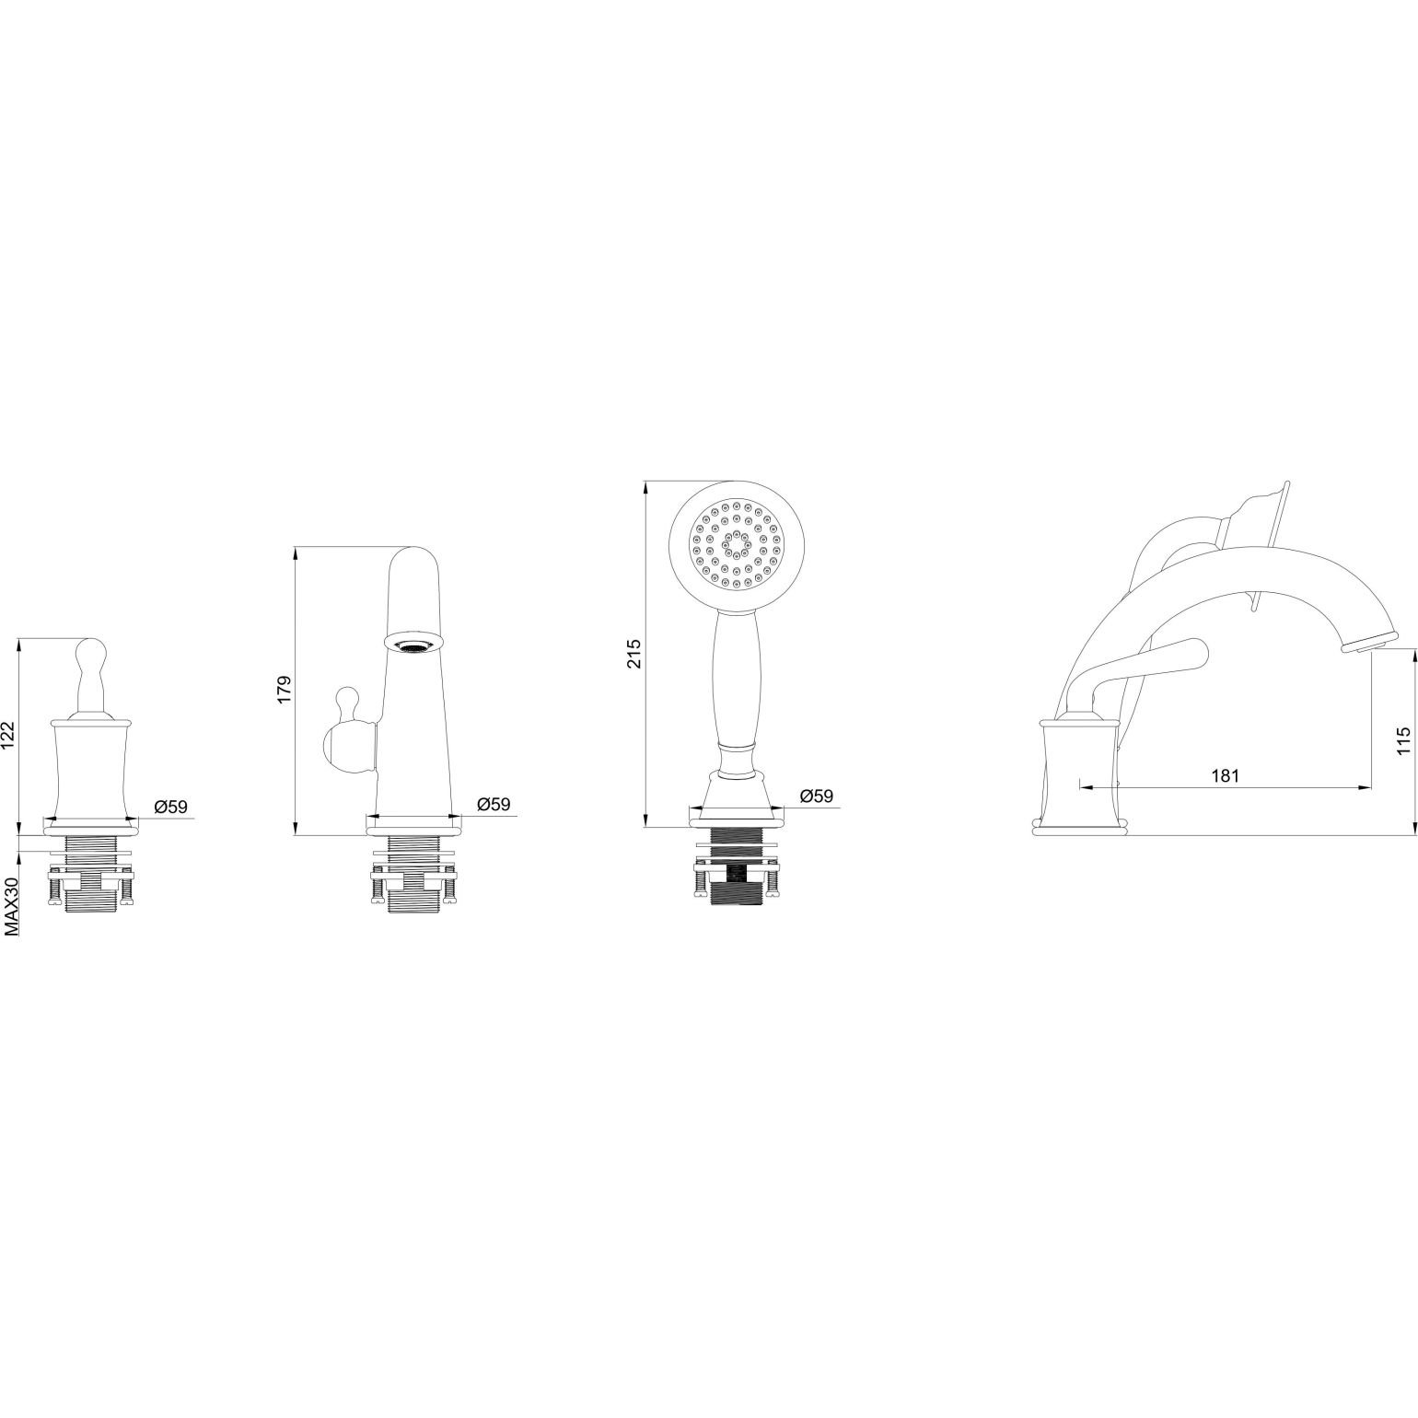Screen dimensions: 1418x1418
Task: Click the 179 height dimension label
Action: [x=284, y=690]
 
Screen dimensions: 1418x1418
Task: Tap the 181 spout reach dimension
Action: [x=1225, y=774]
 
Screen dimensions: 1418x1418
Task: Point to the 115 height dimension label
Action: [x=1402, y=741]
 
